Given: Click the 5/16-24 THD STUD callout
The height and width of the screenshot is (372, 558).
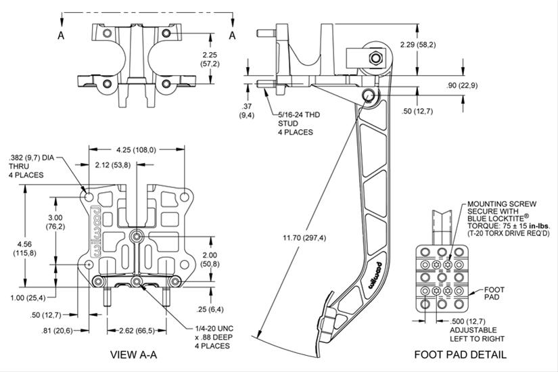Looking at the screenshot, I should point(295,124).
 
